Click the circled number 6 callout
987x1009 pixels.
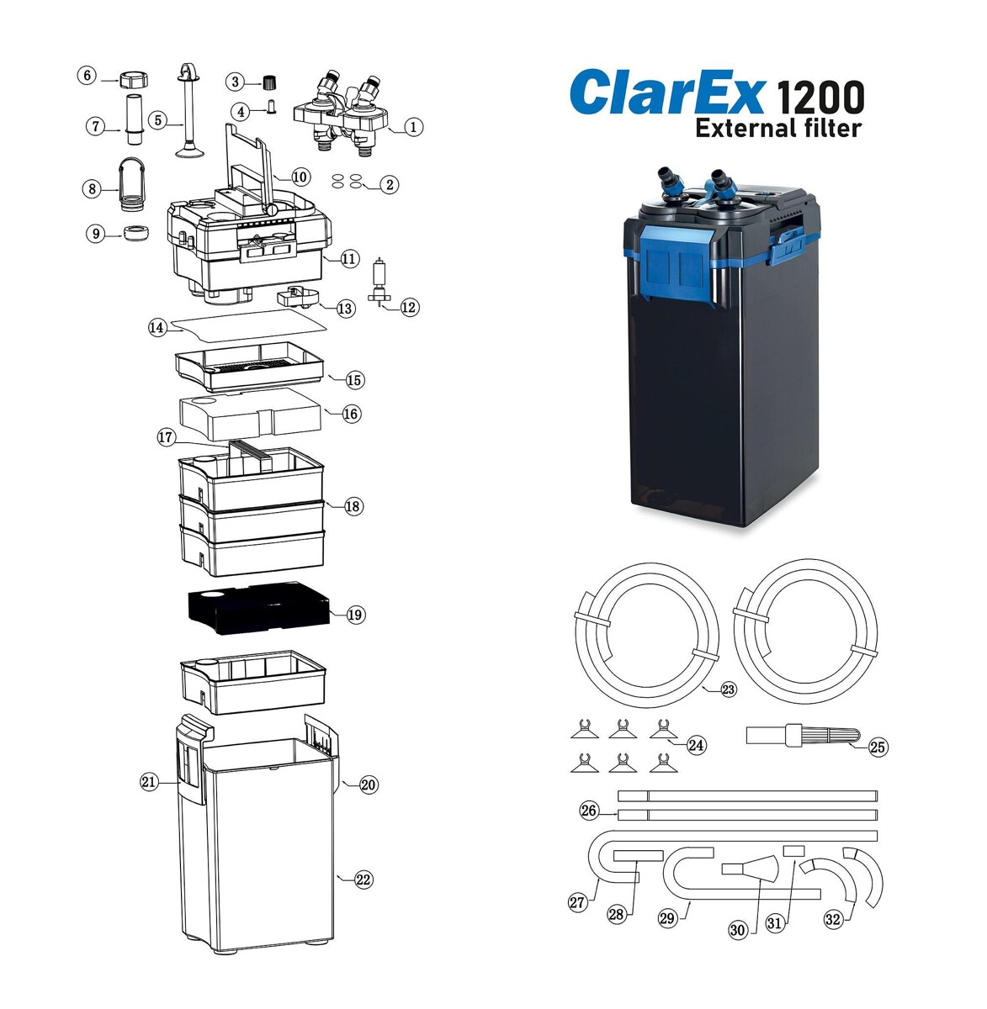[87, 75]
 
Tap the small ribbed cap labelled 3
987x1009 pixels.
[268, 82]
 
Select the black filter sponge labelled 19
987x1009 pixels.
[258, 608]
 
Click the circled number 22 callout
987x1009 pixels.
[363, 880]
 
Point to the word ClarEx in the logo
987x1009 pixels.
[667, 93]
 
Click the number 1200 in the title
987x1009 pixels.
[820, 98]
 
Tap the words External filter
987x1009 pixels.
[778, 128]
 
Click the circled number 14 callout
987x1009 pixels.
[157, 328]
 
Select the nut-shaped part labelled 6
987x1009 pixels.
[134, 80]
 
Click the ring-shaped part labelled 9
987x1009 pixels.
[137, 232]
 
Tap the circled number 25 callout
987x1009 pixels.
[878, 748]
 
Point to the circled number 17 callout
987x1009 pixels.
[166, 437]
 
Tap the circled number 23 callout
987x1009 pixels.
[729, 689]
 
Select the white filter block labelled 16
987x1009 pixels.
[250, 413]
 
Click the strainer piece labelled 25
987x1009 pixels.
[803, 735]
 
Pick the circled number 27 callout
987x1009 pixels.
[577, 902]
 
